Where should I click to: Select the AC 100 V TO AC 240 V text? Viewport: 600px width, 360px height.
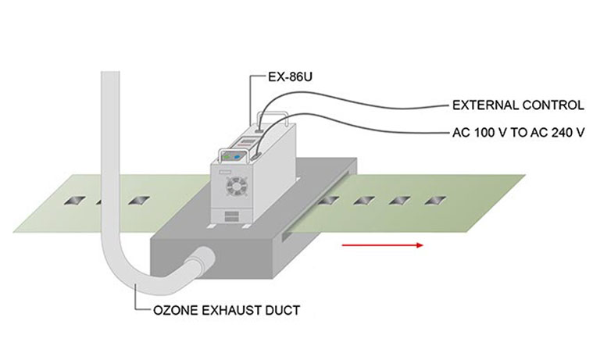(x=518, y=131)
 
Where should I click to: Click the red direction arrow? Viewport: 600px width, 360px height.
(x=382, y=245)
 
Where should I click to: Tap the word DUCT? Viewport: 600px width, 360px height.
(x=284, y=310)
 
